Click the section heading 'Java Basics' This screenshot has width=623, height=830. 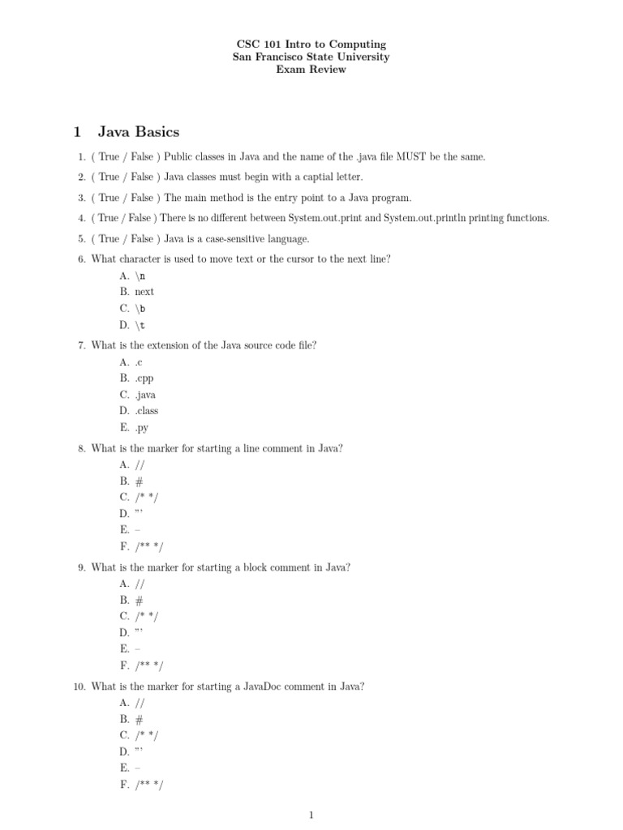click(x=138, y=131)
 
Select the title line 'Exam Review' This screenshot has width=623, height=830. click(x=311, y=70)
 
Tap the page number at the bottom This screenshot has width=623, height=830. click(x=311, y=815)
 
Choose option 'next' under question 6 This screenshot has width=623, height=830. click(x=144, y=292)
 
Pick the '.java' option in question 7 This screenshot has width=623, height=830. click(x=145, y=395)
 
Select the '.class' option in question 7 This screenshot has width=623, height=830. click(x=147, y=411)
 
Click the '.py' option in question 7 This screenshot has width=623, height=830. click(x=142, y=428)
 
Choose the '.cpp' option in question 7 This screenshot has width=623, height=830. click(x=144, y=378)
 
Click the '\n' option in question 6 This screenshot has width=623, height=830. click(x=140, y=276)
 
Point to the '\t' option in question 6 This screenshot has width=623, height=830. click(x=140, y=325)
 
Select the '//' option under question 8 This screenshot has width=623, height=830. click(x=140, y=464)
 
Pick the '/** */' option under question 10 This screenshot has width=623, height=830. click(x=149, y=785)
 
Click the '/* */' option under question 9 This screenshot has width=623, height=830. click(x=147, y=616)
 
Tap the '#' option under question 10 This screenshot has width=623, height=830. click(x=140, y=719)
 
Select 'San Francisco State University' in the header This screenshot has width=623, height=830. click(x=311, y=57)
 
